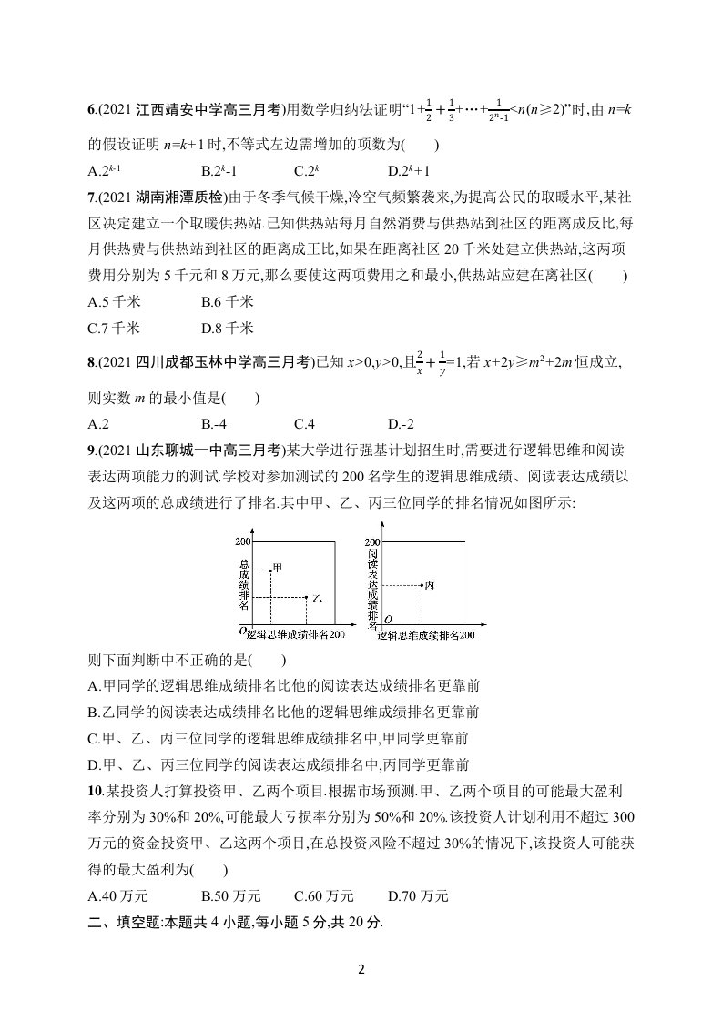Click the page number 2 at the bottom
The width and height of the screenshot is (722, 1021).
pos(361,968)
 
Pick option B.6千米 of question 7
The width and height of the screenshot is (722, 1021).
pos(227,301)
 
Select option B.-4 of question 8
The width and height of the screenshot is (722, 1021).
pos(217,423)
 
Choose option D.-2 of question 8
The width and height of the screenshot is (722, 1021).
pos(402,423)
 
